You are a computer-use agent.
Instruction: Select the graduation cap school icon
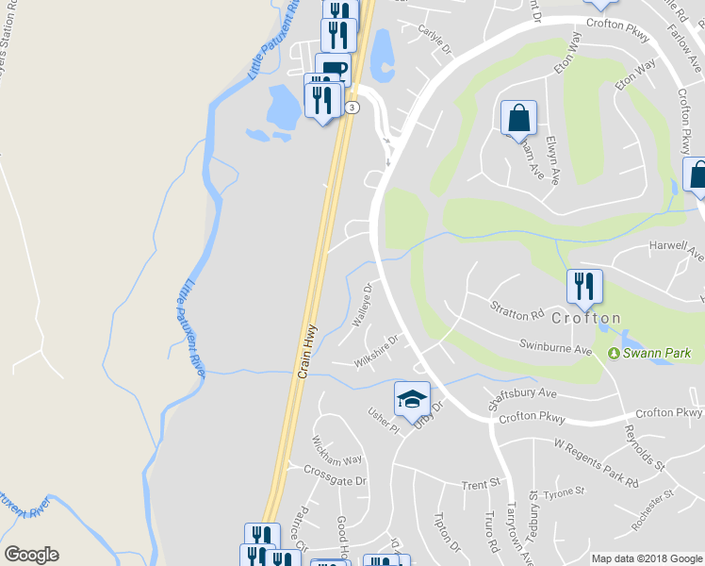coord(412,399)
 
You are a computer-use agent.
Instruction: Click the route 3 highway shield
coord(352,108)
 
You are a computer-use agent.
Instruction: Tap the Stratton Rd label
coord(517,309)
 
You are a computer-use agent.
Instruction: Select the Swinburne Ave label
coord(557,348)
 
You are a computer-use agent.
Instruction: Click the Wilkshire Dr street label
coord(376,350)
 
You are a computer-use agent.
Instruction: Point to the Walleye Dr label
coord(363,304)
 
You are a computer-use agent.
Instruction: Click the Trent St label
coord(480,485)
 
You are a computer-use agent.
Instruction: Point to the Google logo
coord(31,555)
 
